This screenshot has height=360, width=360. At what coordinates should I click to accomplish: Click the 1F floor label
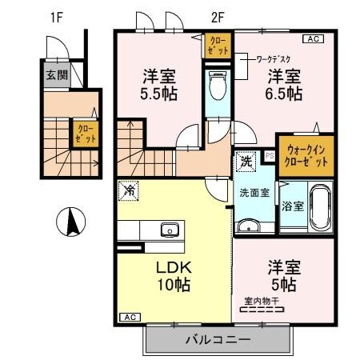point(57,17)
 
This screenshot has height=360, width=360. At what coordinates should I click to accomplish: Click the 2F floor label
point(217,17)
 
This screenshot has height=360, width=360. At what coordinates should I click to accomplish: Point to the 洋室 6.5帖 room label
point(284,83)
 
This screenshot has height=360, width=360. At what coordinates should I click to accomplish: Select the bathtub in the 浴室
point(319,206)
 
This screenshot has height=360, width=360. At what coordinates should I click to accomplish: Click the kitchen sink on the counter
point(169,231)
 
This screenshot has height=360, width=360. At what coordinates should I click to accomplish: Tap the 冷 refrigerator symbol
point(128,190)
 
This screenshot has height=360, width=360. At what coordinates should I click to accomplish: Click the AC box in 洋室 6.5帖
point(313,38)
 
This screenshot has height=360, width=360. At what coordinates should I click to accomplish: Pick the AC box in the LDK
point(128,318)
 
